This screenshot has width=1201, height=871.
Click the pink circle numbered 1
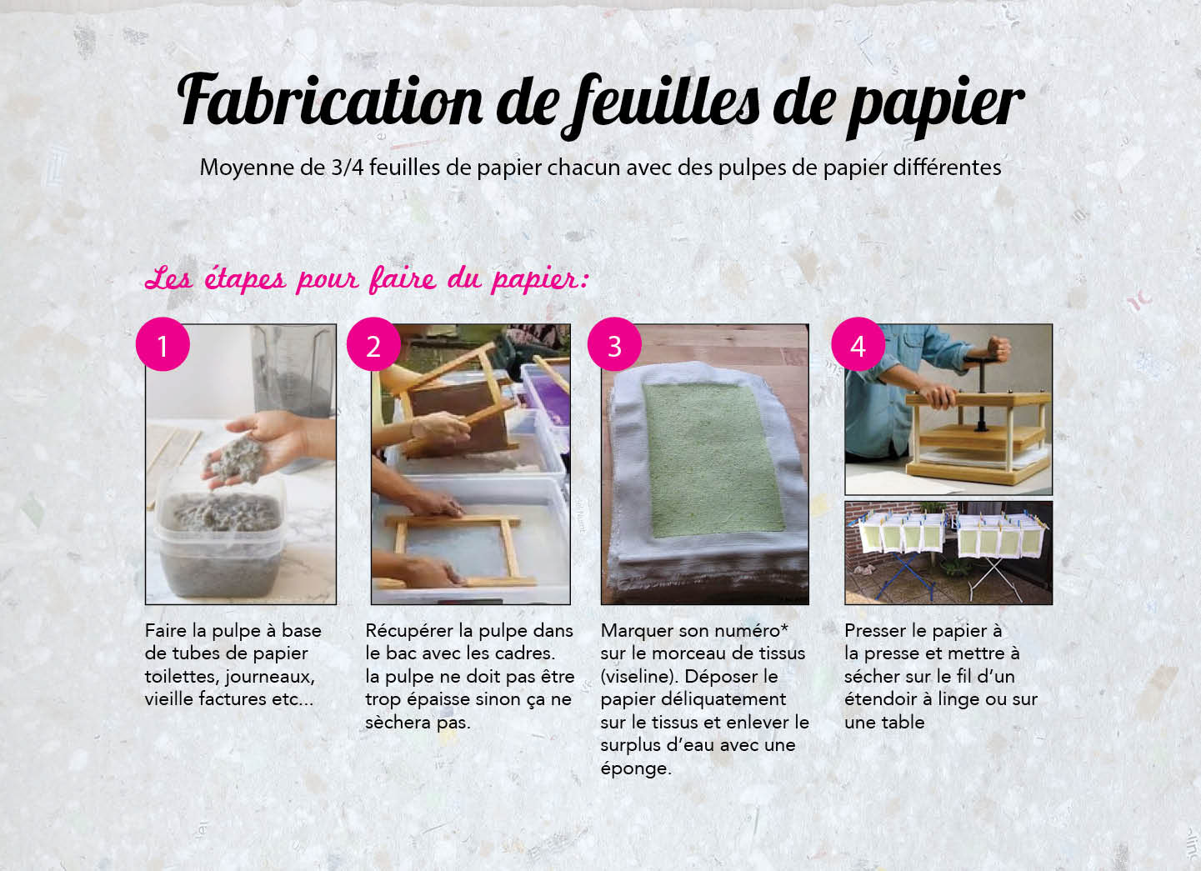click(163, 344)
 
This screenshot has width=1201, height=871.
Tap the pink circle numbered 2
click(373, 344)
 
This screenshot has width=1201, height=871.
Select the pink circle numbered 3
click(614, 344)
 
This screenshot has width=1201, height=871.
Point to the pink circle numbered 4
click(858, 344)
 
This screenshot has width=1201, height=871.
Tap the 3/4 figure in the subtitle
click(348, 168)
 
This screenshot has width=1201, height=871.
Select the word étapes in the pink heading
click(245, 279)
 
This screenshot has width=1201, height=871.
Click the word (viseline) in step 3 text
click(638, 676)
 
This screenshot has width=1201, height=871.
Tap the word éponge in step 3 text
click(635, 768)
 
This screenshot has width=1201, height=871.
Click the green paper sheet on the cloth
click(713, 459)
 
